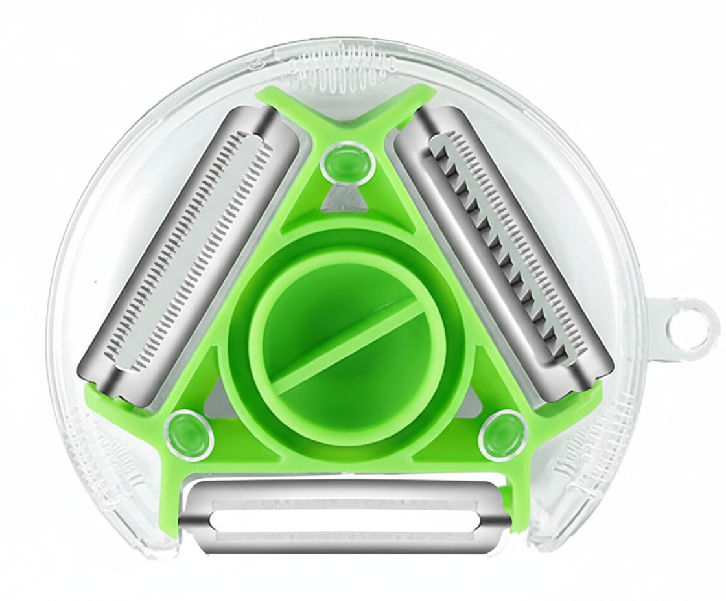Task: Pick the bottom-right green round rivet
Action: (x=502, y=433)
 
